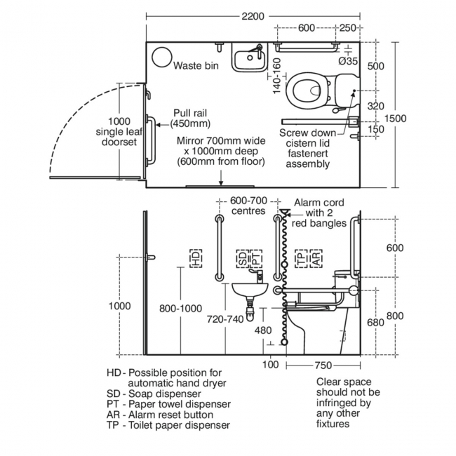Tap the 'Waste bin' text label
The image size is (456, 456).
click(196, 65)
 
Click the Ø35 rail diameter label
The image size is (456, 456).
click(348, 62)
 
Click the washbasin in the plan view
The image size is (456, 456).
click(248, 58)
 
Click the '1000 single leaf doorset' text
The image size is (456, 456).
click(119, 132)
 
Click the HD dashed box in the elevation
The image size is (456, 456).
click(195, 258)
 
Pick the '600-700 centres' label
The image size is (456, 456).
click(248, 206)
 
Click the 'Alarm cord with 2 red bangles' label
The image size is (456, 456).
click(321, 213)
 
